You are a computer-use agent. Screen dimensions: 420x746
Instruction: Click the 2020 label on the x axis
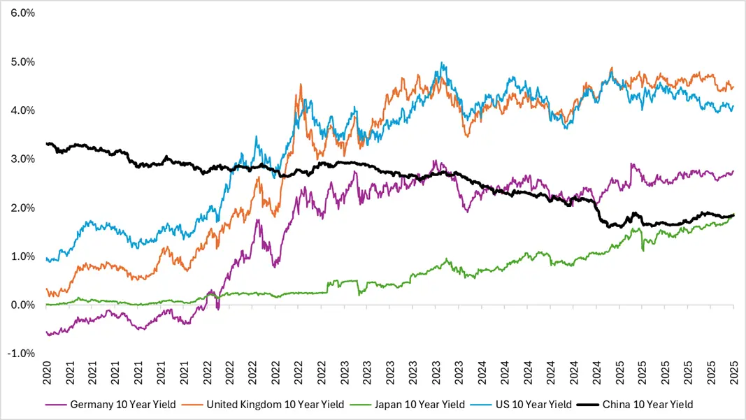[x=48, y=374]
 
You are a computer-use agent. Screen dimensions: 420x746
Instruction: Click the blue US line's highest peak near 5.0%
[x=441, y=63]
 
